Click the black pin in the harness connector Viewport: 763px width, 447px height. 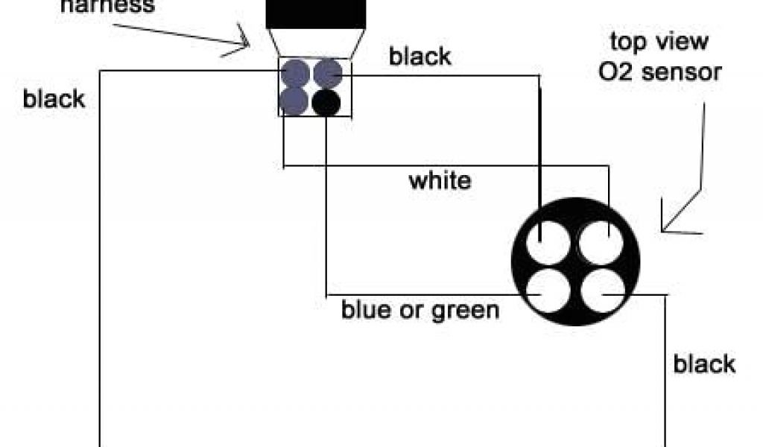(326, 103)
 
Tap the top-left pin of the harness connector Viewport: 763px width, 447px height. (296, 73)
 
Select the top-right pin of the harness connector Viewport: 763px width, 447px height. (328, 73)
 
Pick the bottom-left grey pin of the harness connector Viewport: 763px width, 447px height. (295, 101)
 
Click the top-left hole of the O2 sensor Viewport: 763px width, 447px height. (548, 243)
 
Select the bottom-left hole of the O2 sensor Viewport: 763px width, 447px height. (548, 292)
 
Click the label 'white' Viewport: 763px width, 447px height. (440, 180)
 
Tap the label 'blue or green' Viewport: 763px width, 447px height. (420, 309)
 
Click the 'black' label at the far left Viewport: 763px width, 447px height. (54, 99)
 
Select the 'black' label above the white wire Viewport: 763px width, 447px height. (420, 57)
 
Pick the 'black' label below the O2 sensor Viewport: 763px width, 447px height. (704, 364)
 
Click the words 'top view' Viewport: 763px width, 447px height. (658, 42)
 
